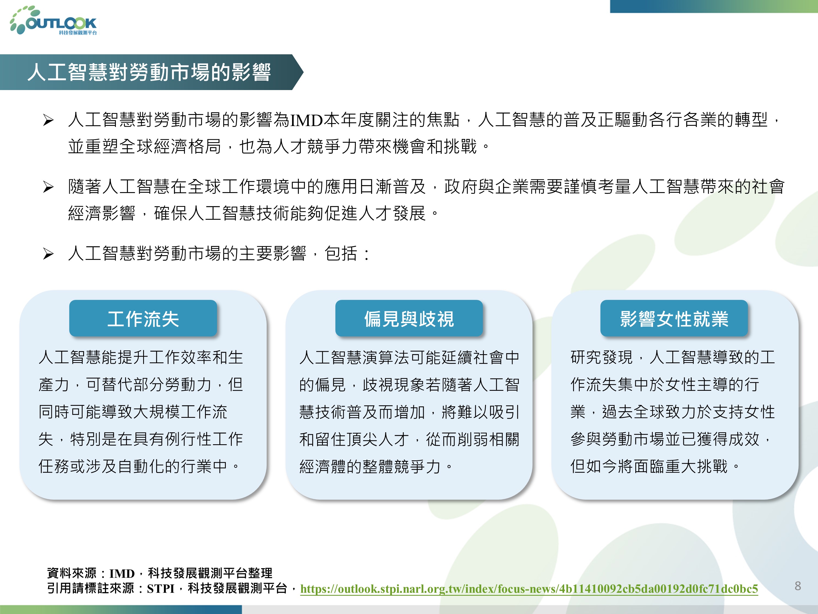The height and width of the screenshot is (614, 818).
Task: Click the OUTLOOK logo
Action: coord(54,21)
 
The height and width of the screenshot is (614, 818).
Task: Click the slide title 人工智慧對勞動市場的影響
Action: coord(149,72)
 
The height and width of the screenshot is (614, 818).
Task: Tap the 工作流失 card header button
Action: coord(143,318)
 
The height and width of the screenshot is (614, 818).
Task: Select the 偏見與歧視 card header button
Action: coord(409,318)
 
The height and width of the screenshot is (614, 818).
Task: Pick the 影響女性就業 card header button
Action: coord(674,318)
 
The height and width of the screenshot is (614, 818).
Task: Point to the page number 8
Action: coord(798,586)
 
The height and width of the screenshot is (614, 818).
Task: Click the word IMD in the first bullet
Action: coord(306,120)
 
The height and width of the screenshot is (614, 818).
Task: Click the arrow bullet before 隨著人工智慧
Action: coord(48,187)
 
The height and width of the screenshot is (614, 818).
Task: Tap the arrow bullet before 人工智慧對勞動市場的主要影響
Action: coord(48,254)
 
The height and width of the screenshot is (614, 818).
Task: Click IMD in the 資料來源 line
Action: coord(122,574)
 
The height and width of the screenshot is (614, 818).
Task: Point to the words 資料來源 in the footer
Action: coord(72,573)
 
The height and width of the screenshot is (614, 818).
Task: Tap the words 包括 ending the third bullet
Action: coord(341,254)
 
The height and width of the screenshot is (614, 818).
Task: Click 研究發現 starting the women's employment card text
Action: coord(602,357)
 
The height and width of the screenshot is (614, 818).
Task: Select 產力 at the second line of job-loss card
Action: coord(54,385)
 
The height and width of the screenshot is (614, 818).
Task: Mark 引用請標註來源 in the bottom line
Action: coord(91,588)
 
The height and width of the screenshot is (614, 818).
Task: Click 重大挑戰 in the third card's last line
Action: coord(696,466)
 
